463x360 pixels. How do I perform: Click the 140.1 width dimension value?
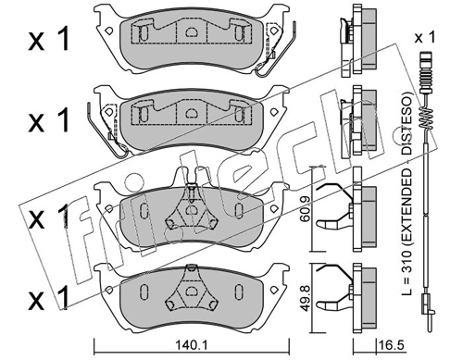(192, 344)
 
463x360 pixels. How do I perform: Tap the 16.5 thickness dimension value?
(392, 344)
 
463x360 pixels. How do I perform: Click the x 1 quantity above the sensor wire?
(425, 38)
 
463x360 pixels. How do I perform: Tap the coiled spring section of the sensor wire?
(425, 118)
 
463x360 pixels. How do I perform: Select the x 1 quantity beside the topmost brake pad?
(49, 41)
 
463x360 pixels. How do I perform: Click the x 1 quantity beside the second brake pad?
(49, 121)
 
